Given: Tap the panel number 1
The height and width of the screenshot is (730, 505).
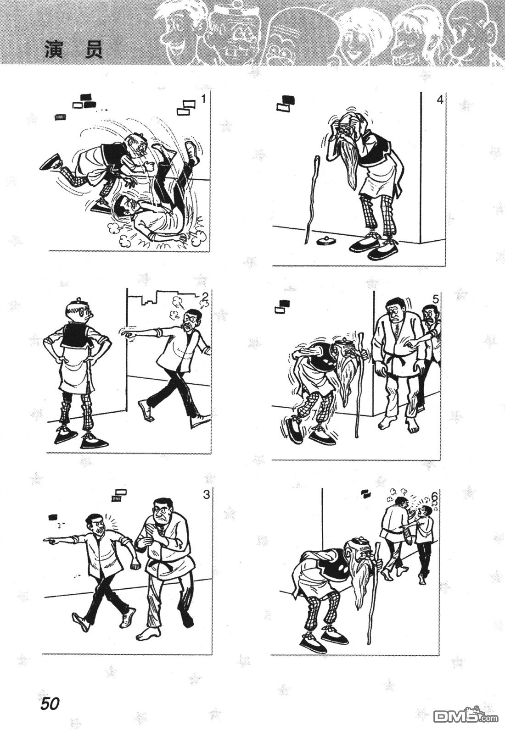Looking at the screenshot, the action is coord(203,99).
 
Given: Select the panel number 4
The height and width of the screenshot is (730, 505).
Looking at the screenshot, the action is coord(440,100).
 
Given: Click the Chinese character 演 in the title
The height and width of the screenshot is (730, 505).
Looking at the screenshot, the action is coord(54,49).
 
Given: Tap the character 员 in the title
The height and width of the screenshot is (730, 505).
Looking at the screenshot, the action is coord(94,49).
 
